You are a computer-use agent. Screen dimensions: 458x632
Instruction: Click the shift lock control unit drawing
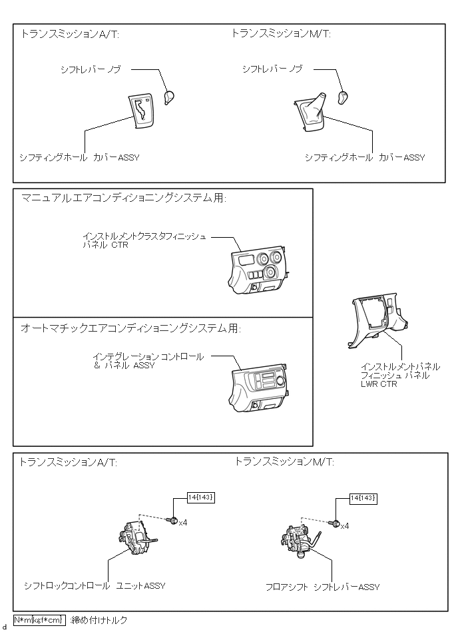138,539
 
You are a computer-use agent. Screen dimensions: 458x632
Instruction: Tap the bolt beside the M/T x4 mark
336,523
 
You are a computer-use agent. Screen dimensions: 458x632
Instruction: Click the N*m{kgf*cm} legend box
39,620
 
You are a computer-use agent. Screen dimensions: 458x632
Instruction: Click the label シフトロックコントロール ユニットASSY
94,586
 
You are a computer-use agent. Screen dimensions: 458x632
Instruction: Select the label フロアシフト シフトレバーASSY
322,587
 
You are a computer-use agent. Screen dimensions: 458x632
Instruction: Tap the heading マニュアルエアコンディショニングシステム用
123,198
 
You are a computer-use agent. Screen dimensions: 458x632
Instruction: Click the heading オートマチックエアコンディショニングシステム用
130,328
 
